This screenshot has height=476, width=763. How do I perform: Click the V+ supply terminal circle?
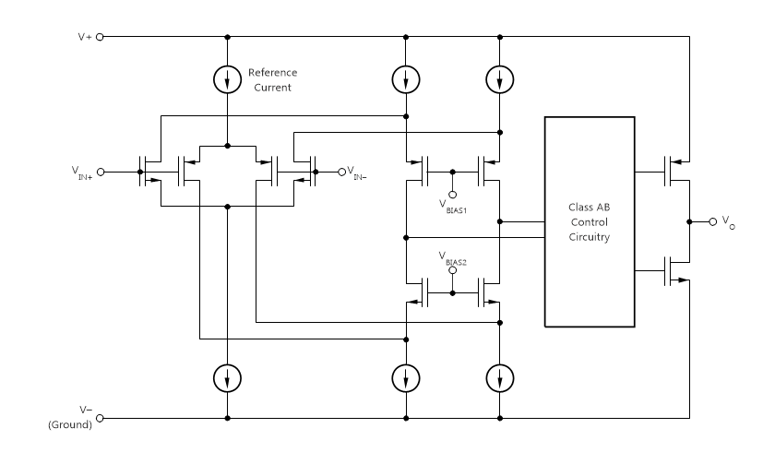coord(101,38)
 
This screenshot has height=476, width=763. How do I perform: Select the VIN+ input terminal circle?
coord(101,172)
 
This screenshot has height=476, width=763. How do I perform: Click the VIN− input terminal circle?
coord(340,172)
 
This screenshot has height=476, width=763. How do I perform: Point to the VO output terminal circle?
coord(712,221)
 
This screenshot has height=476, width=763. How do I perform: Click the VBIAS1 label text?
coord(451,205)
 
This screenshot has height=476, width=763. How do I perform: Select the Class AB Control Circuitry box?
coord(590,221)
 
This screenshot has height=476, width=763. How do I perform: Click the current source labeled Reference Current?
coord(227,80)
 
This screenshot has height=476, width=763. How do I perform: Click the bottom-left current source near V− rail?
coord(227,376)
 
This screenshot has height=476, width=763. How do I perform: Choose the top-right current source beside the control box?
coord(499,80)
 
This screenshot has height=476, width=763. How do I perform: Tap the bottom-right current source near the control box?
coord(499,376)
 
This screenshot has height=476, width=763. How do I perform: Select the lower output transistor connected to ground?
coord(674,270)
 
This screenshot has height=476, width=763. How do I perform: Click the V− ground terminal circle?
coord(101,418)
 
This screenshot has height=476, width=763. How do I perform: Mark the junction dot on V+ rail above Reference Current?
coord(227,38)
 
